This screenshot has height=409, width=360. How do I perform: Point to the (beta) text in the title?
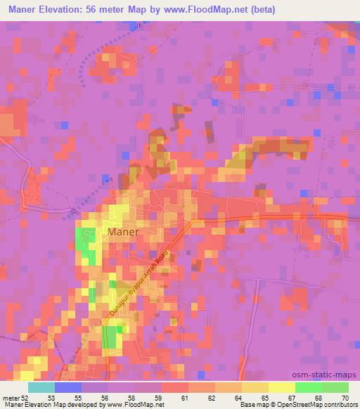tap(260, 10)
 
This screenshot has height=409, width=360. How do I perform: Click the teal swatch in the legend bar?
tap(41, 387)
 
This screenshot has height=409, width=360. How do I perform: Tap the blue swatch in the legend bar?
tap(68, 387)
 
